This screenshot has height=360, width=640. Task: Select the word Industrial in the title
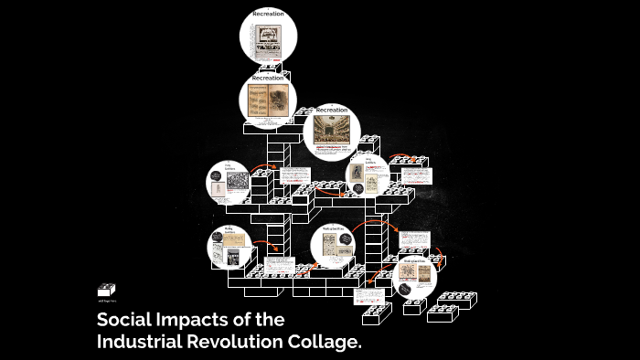tap(144, 343)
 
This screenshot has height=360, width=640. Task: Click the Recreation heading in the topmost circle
tap(269, 15)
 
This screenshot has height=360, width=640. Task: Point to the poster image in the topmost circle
tap(268, 36)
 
